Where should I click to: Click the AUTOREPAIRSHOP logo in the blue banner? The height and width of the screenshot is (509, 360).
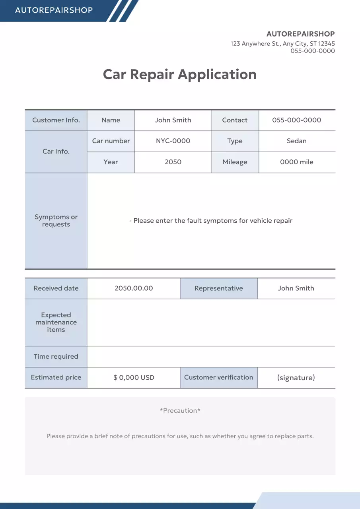(54, 10)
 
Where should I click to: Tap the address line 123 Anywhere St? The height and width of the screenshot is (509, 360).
(282, 44)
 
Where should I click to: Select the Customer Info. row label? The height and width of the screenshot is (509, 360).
(56, 120)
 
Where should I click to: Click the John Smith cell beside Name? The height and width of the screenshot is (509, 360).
(173, 120)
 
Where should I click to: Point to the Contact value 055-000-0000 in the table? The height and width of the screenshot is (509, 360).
(297, 120)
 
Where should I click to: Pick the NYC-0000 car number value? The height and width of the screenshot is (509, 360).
(173, 141)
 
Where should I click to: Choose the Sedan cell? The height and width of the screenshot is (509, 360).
(297, 141)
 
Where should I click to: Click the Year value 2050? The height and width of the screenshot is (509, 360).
(173, 162)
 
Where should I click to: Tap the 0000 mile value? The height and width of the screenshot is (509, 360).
(297, 162)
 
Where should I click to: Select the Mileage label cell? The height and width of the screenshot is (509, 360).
(235, 162)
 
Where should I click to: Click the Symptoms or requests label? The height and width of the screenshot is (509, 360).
(56, 221)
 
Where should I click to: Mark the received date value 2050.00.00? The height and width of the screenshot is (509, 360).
(134, 288)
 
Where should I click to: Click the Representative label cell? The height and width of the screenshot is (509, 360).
(219, 288)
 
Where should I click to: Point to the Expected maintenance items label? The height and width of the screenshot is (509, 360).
(56, 322)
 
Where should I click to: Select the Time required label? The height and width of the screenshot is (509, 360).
(56, 356)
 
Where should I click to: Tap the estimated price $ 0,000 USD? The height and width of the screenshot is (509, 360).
(134, 377)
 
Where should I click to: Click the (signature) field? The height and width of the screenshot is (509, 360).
(296, 377)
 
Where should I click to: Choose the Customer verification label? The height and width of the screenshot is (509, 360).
(219, 377)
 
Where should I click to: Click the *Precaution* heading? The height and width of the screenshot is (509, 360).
(180, 410)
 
